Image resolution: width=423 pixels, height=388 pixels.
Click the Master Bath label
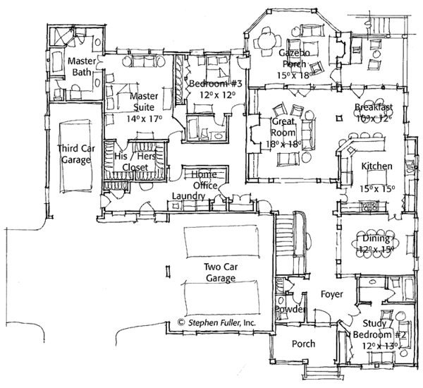tap(82, 67)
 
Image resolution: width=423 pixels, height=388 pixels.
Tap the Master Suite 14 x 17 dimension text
tap(140, 120)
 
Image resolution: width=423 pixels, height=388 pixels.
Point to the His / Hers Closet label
tap(135, 162)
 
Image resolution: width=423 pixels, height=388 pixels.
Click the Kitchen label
tap(378, 166)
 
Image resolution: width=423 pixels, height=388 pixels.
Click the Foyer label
tap(332, 293)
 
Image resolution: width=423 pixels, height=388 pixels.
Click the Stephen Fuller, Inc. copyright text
tap(216, 322)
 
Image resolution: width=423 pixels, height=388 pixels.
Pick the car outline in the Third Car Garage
tap(75, 159)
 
